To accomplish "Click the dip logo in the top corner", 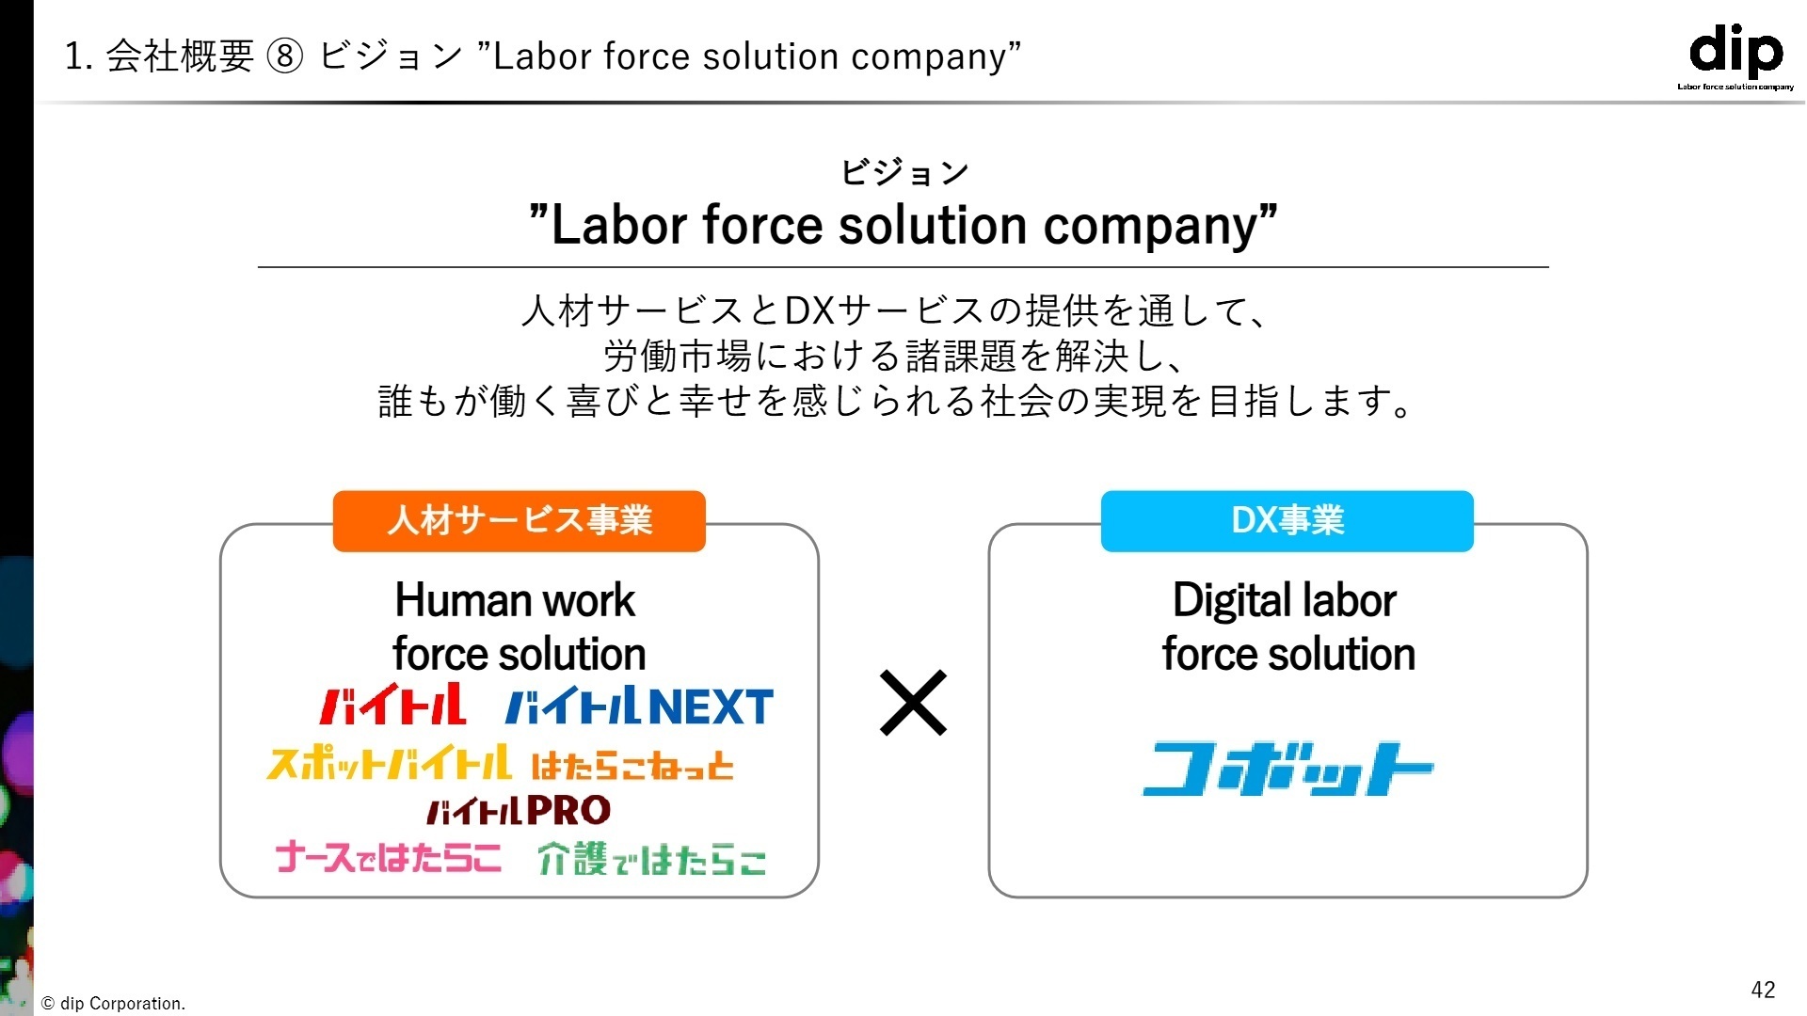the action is point(1735,56).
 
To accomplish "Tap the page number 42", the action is point(1763,990).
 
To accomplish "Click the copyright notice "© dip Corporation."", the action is point(114,1004).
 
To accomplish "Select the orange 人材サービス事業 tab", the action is point(520,520).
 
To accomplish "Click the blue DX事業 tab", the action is point(1287,520).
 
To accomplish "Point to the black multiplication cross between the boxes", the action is point(913,703).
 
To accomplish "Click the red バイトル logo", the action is point(392,705).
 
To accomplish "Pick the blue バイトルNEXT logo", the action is point(639,706).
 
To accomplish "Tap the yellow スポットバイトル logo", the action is point(390,763).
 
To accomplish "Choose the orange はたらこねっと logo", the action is point(632,766).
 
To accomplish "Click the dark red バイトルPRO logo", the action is point(519,810).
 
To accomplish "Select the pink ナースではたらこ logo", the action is point(389,858).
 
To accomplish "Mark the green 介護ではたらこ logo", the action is point(652,859).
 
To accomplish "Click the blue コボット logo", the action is point(1287,770).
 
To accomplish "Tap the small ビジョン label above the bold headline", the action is point(904,172).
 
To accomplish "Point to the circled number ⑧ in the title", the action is point(285,56).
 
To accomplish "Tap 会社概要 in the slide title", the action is point(180,56).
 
